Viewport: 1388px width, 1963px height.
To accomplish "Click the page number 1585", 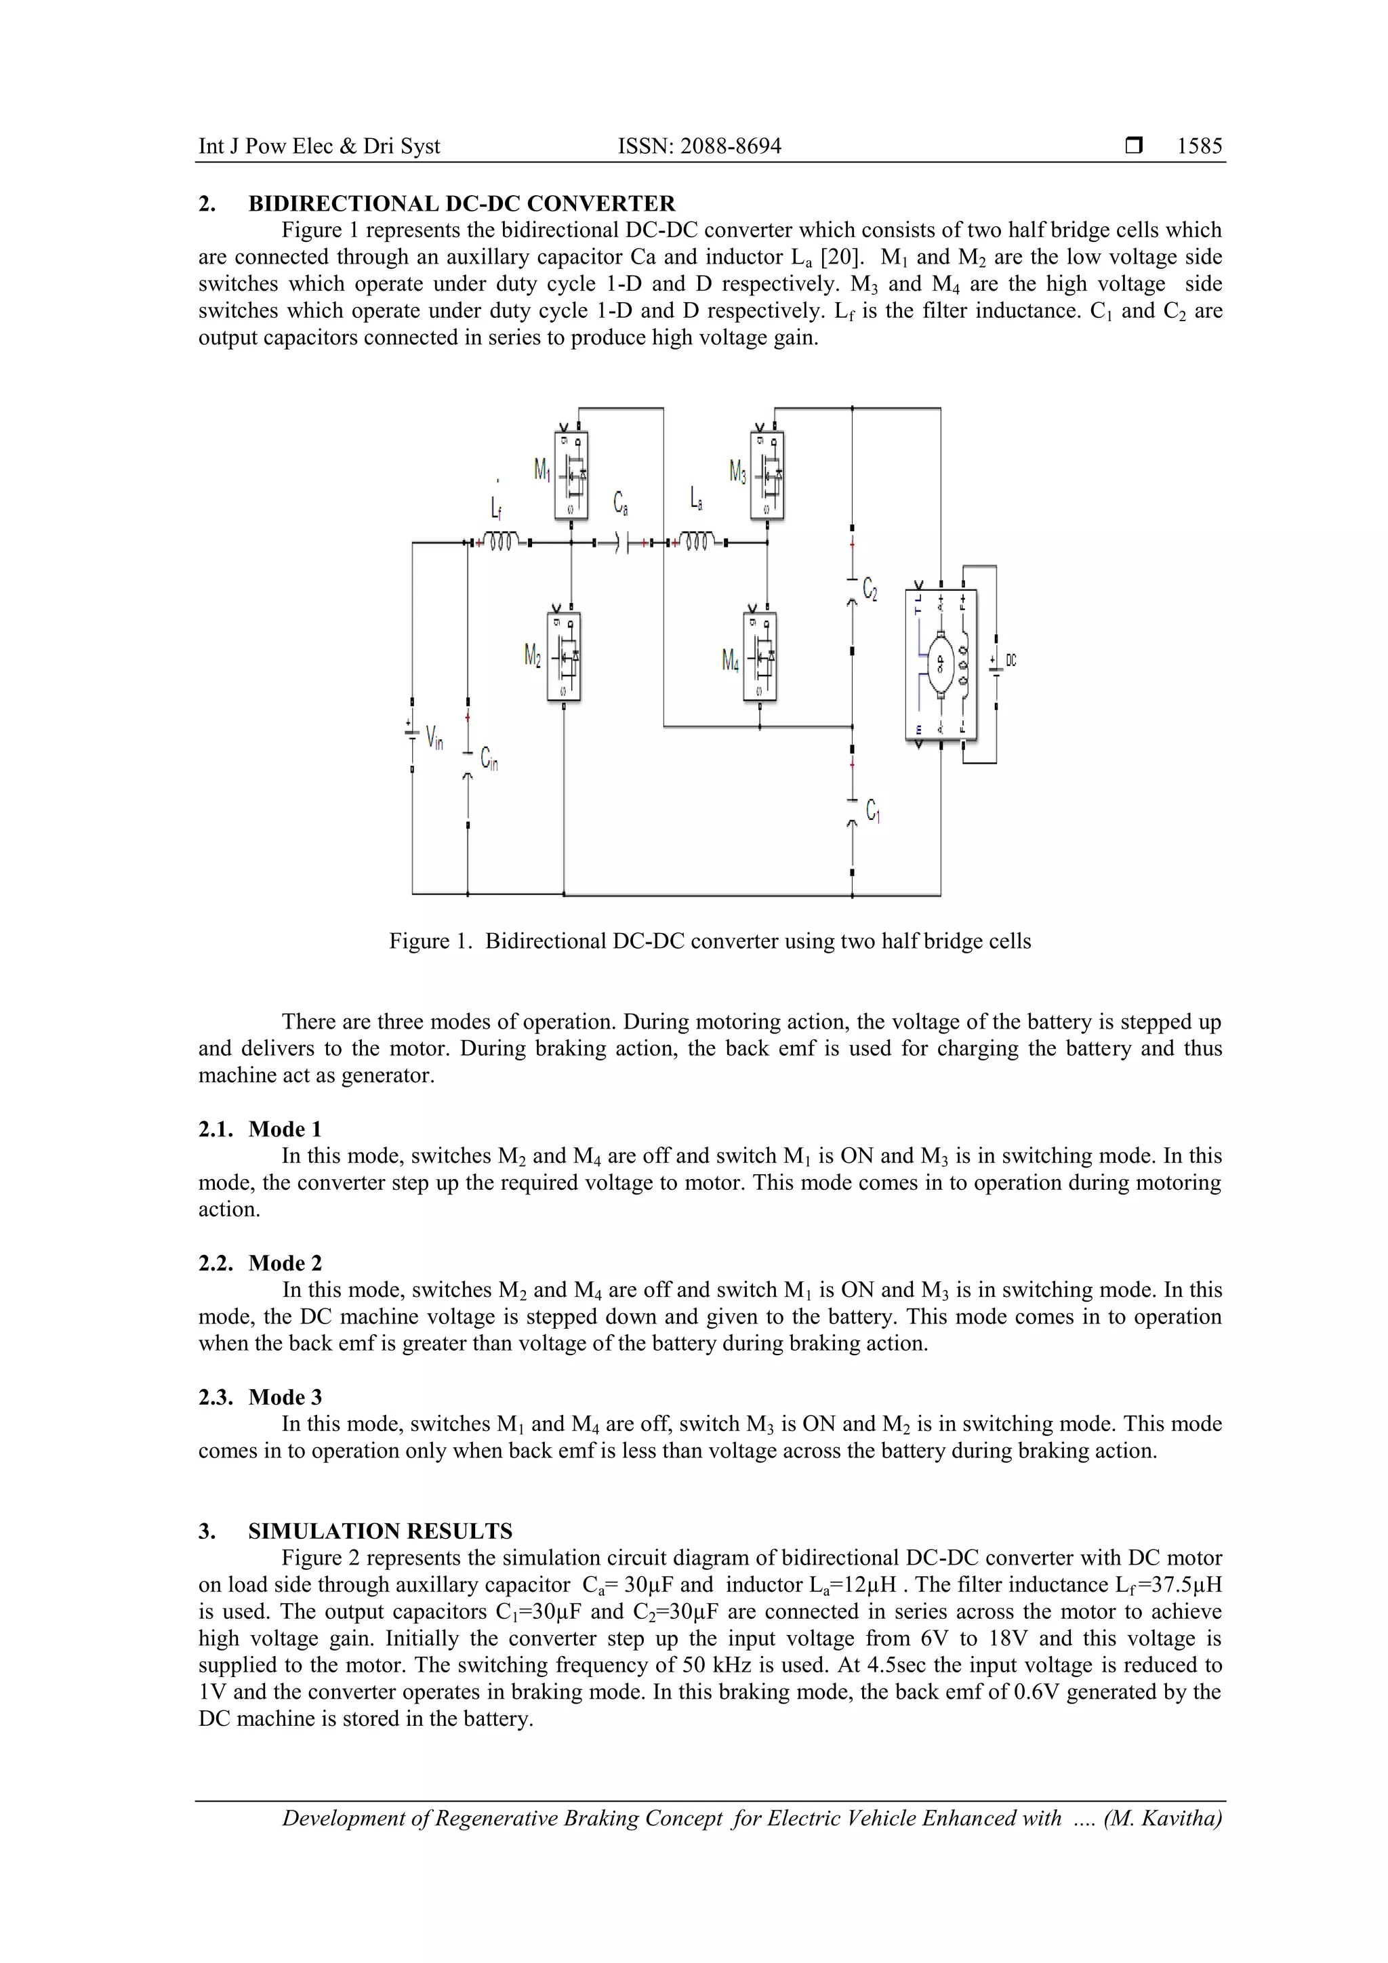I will (1199, 146).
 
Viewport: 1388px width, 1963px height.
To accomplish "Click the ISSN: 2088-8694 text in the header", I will (699, 146).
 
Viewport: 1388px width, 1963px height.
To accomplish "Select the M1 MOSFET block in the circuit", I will (571, 476).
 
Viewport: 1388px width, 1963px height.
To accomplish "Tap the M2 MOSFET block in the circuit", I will (564, 657).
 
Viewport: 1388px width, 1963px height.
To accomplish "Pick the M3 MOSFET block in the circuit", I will (767, 476).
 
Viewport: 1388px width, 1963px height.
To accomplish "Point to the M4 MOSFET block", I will (760, 657).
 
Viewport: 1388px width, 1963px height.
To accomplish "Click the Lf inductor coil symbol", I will (500, 542).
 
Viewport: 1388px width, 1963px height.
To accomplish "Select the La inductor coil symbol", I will (696, 542).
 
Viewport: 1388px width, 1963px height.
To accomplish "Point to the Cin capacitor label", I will (489, 758).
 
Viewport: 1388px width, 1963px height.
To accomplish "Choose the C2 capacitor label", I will (870, 588).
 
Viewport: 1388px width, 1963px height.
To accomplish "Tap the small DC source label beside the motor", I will (1011, 660).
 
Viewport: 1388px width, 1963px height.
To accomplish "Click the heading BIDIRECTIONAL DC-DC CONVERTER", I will (461, 203).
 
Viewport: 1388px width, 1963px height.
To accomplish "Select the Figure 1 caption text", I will (710, 941).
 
